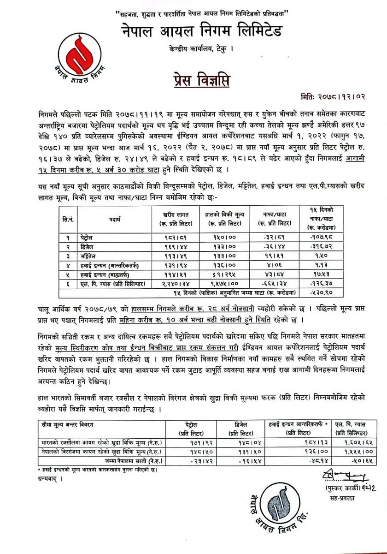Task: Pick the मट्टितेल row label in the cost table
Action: click(87, 254)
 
